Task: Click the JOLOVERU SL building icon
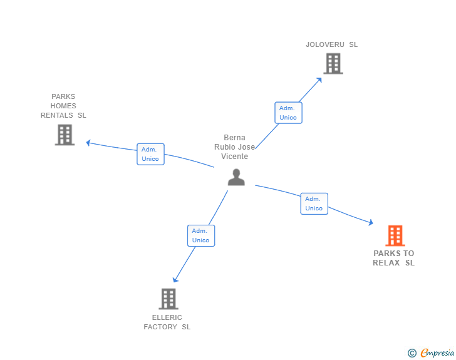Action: click(x=333, y=63)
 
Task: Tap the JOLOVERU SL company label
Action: click(x=331, y=44)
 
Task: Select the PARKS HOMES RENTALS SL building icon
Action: click(x=65, y=135)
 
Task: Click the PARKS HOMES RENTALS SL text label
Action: click(x=63, y=106)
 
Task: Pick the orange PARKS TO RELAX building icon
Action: click(x=395, y=235)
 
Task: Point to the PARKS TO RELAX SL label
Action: click(x=393, y=258)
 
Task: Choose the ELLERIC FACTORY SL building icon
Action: click(x=168, y=299)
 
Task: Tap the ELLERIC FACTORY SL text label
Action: click(x=167, y=322)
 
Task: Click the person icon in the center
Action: click(x=236, y=177)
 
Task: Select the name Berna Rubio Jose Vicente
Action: click(x=235, y=147)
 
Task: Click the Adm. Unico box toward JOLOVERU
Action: click(x=288, y=113)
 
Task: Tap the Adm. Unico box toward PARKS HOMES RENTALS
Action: click(x=150, y=154)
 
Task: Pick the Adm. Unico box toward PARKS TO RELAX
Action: click(x=314, y=203)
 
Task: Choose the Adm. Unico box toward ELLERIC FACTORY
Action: click(x=200, y=235)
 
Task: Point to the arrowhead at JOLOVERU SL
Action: click(x=319, y=79)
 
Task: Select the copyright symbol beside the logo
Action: click(x=412, y=354)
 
